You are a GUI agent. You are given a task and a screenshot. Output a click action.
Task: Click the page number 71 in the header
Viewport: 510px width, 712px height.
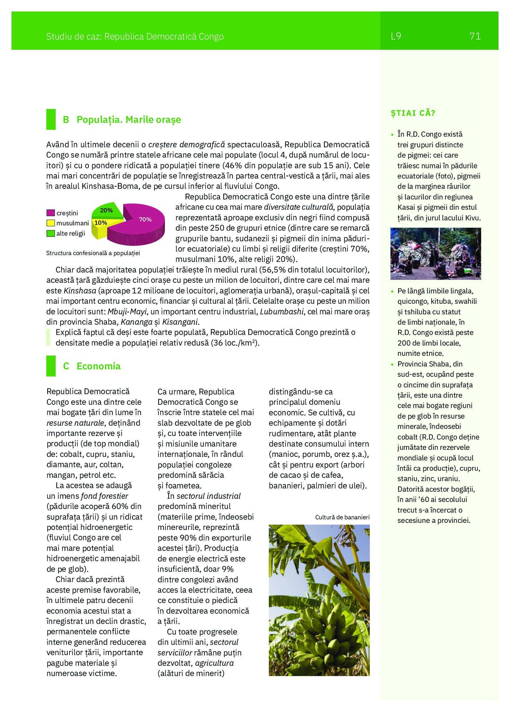(475, 37)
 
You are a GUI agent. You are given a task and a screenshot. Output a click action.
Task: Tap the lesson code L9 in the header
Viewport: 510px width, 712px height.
(396, 37)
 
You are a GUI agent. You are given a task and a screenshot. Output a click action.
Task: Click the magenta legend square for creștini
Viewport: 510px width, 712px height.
(50, 213)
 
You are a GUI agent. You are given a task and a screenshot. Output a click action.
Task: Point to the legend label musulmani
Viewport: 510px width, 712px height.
(72, 223)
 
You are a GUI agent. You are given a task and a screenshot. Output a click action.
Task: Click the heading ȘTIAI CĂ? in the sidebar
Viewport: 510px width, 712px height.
(413, 113)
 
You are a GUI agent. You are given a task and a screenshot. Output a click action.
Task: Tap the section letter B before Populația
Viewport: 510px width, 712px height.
(66, 120)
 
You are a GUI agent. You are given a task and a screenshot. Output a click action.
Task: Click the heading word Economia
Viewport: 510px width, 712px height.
(98, 366)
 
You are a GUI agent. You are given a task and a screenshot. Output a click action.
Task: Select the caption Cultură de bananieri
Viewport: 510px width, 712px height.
(342, 517)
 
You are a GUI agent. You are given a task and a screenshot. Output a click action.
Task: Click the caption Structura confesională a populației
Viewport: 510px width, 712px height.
(93, 253)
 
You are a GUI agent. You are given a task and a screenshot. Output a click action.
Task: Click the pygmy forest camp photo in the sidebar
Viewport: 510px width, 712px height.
(435, 254)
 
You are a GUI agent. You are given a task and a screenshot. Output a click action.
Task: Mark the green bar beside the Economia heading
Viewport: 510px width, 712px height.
(51, 366)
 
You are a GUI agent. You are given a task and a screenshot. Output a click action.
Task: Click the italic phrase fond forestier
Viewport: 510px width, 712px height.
(104, 496)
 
